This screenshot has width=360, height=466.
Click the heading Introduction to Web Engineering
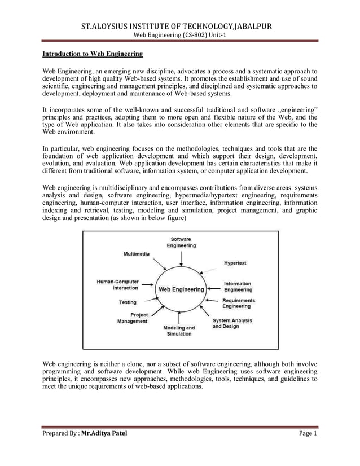(93, 55)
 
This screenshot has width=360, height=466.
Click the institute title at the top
(179, 26)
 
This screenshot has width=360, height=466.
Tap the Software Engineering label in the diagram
(181, 243)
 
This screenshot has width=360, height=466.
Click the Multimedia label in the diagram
(137, 254)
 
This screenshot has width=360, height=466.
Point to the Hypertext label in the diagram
(235, 263)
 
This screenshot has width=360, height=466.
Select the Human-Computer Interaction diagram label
(117, 284)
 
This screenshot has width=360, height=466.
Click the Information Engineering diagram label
(238, 287)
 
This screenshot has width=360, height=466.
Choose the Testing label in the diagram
(128, 302)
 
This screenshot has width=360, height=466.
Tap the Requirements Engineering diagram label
(238, 304)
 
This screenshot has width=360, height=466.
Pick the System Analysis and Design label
(232, 323)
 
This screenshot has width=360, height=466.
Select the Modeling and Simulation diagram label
(179, 331)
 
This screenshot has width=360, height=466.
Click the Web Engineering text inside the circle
(181, 289)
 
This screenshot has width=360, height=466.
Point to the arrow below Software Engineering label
(181, 258)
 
